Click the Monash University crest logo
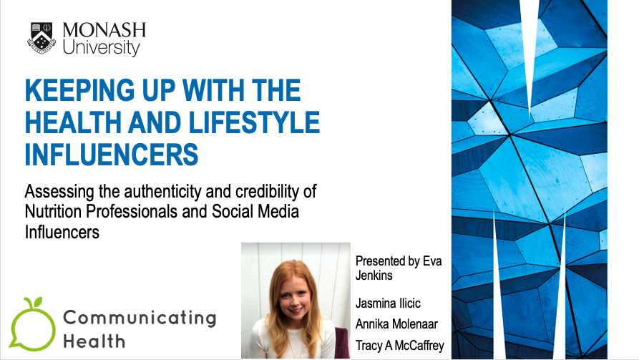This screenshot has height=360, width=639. click(42, 39)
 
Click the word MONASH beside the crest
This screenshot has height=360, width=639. click(104, 30)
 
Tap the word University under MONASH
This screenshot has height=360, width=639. click(101, 49)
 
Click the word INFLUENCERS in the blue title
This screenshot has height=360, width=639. click(111, 153)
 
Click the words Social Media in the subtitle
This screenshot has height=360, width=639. click(258, 212)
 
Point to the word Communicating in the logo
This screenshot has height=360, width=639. click(140, 316)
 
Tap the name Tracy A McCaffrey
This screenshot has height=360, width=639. click(399, 345)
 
